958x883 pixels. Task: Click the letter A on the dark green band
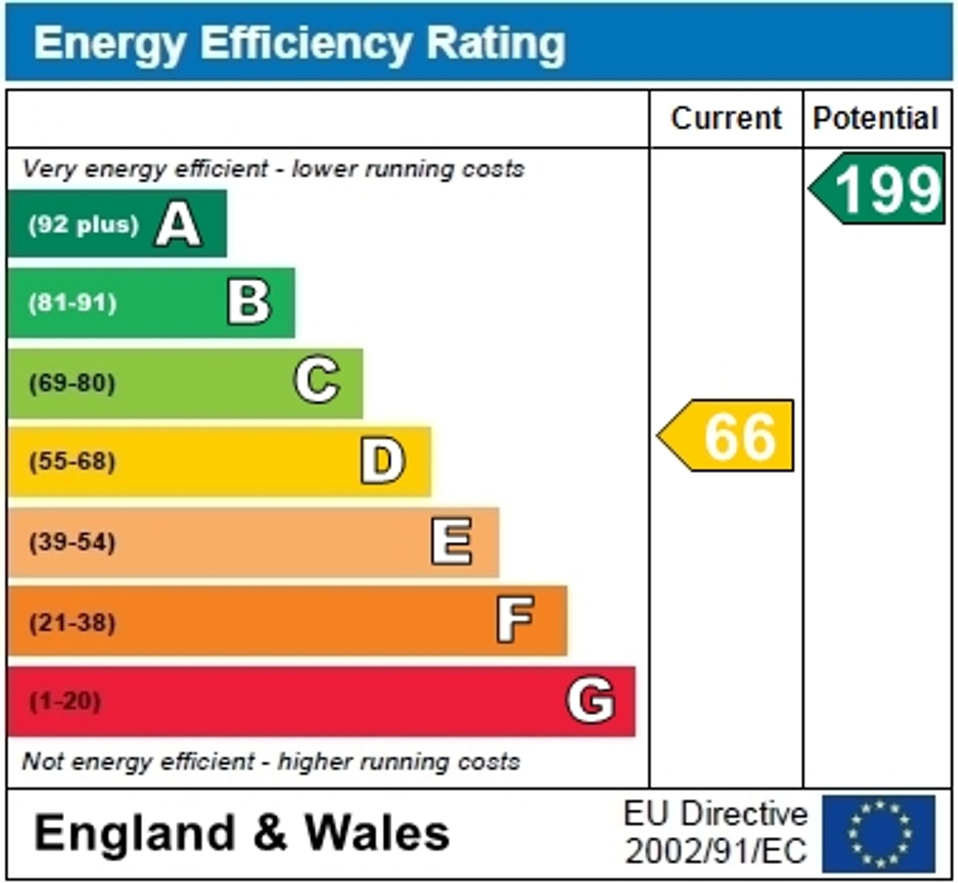(x=178, y=224)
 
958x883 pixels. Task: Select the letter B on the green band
(x=249, y=302)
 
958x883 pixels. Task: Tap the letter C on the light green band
(x=317, y=380)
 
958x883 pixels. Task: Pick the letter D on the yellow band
(x=383, y=461)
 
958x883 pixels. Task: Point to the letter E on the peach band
(x=451, y=542)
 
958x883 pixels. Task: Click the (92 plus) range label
(x=83, y=225)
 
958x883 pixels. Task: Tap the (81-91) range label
(x=73, y=303)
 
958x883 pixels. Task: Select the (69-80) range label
(x=72, y=383)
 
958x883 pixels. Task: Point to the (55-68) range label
(x=72, y=462)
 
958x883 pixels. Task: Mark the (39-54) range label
(x=72, y=543)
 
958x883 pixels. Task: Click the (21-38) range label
(x=72, y=623)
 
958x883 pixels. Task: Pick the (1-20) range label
(x=65, y=701)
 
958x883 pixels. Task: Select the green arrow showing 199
(x=878, y=189)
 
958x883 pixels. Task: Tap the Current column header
(x=726, y=118)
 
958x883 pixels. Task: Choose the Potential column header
(x=876, y=118)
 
